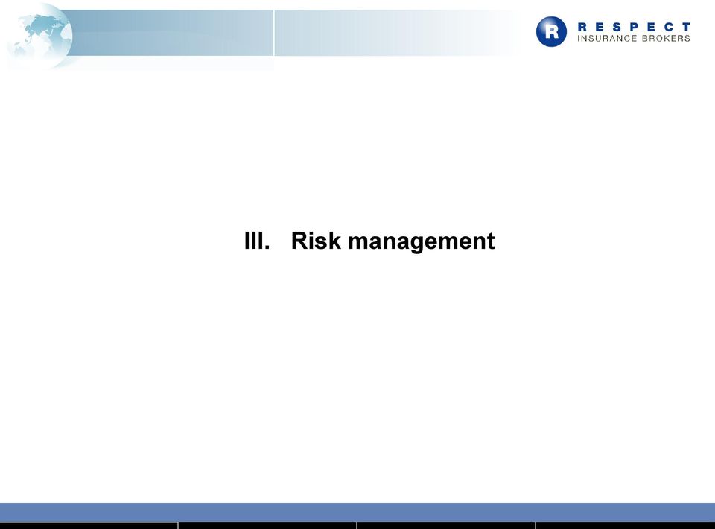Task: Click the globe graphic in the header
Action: tap(39, 37)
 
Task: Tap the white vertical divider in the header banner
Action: tap(273, 33)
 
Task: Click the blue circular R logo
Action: tap(551, 32)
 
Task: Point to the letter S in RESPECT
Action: tap(617, 27)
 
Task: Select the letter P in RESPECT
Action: tap(635, 27)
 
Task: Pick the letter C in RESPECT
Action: tap(669, 27)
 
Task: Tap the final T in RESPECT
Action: tap(686, 27)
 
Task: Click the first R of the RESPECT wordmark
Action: tap(582, 27)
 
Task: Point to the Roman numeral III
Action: tap(253, 241)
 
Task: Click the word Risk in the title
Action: tap(316, 241)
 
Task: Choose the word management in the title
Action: tap(422, 242)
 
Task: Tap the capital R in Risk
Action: tap(299, 241)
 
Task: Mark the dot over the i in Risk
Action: tap(312, 232)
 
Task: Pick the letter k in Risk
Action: tap(334, 241)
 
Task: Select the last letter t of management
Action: tap(491, 241)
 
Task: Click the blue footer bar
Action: tap(357, 512)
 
